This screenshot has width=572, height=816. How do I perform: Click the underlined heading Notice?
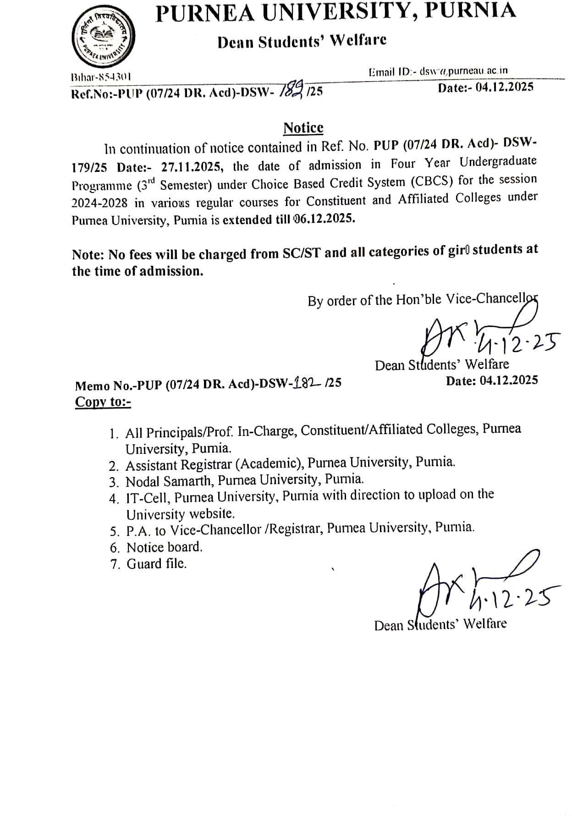tap(303, 128)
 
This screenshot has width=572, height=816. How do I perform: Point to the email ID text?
tap(439, 71)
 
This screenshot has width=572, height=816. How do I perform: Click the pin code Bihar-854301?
tap(101, 76)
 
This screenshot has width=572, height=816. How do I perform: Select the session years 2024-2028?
tap(100, 203)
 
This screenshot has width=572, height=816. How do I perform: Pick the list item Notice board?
tap(164, 547)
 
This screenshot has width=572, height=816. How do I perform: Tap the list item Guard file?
tap(156, 563)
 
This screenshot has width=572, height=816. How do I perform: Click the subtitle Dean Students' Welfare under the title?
tap(302, 41)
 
